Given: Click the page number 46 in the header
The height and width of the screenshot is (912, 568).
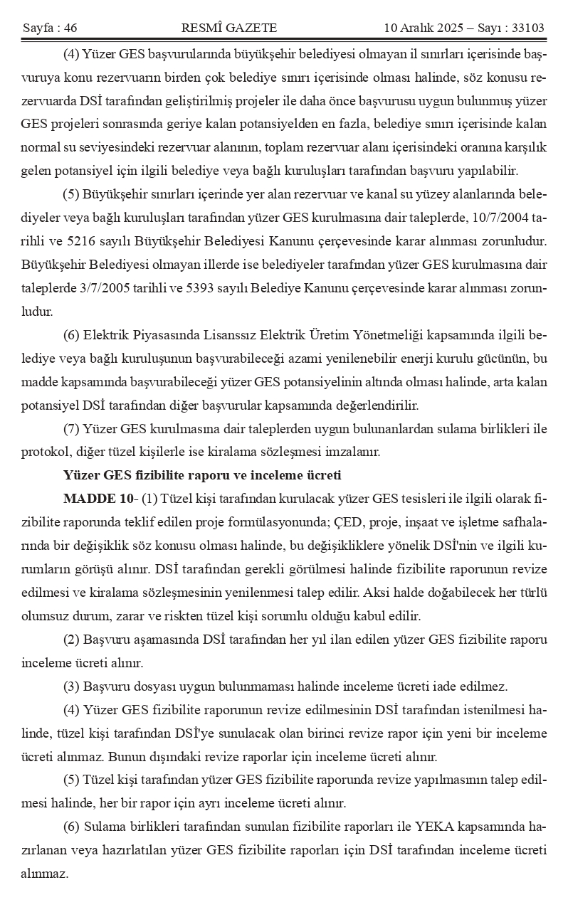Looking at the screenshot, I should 70,28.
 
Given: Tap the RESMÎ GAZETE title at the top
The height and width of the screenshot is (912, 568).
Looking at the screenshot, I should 229,28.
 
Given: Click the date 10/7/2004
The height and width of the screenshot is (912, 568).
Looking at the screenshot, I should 505,218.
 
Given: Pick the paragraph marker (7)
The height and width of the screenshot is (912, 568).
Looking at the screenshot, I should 71,428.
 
